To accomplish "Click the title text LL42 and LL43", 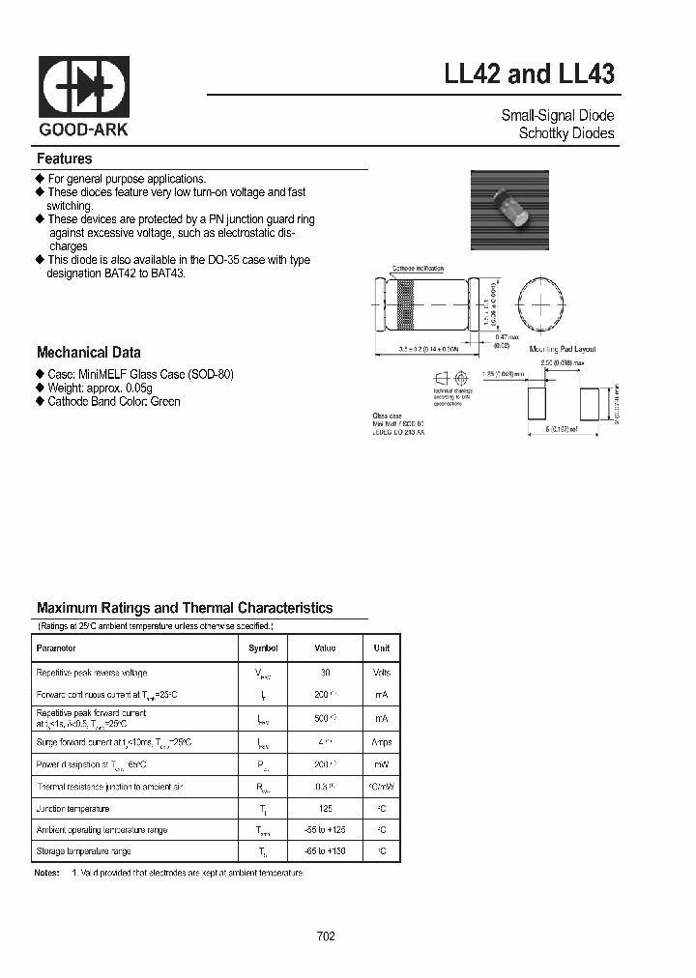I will pyautogui.click(x=529, y=74).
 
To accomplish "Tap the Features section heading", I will pyautogui.click(x=64, y=158).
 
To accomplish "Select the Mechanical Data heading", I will pyautogui.click(x=88, y=353).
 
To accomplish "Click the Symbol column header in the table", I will pyautogui.click(x=263, y=648).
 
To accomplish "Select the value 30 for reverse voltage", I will pyautogui.click(x=325, y=673).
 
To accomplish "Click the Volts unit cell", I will pyautogui.click(x=381, y=673).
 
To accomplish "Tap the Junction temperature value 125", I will pyautogui.click(x=325, y=808).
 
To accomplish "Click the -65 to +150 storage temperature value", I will pyautogui.click(x=325, y=851).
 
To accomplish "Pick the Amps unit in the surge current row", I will pyautogui.click(x=381, y=742).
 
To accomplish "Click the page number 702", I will pyautogui.click(x=326, y=936).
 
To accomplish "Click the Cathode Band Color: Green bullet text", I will pyautogui.click(x=113, y=401).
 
